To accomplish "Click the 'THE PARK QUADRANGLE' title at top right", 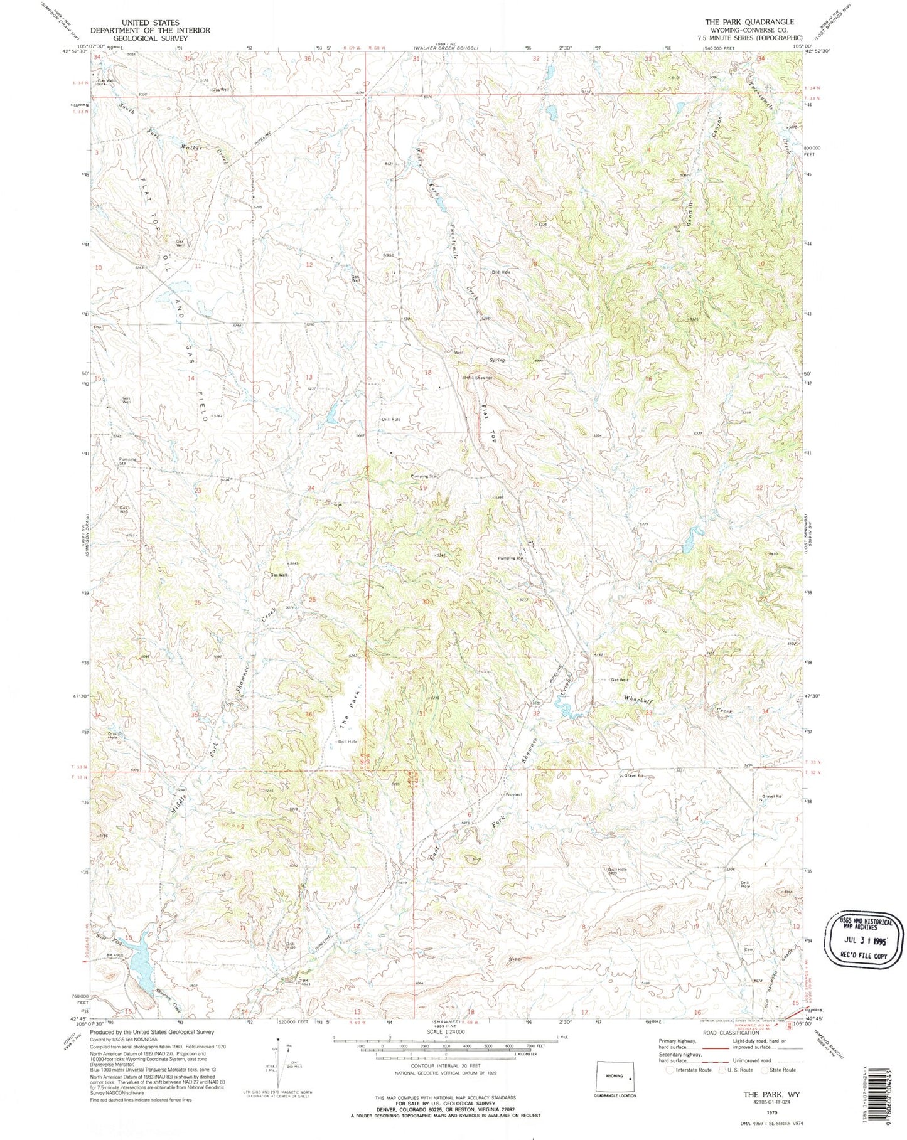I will pyautogui.click(x=749, y=22).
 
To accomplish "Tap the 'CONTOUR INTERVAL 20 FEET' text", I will pyautogui.click(x=446, y=1066).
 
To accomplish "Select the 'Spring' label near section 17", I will pyautogui.click(x=497, y=360).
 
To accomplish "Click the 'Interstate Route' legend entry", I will pyautogui.click(x=694, y=1070).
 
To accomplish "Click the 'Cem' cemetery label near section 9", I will pyautogui.click(x=748, y=950).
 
